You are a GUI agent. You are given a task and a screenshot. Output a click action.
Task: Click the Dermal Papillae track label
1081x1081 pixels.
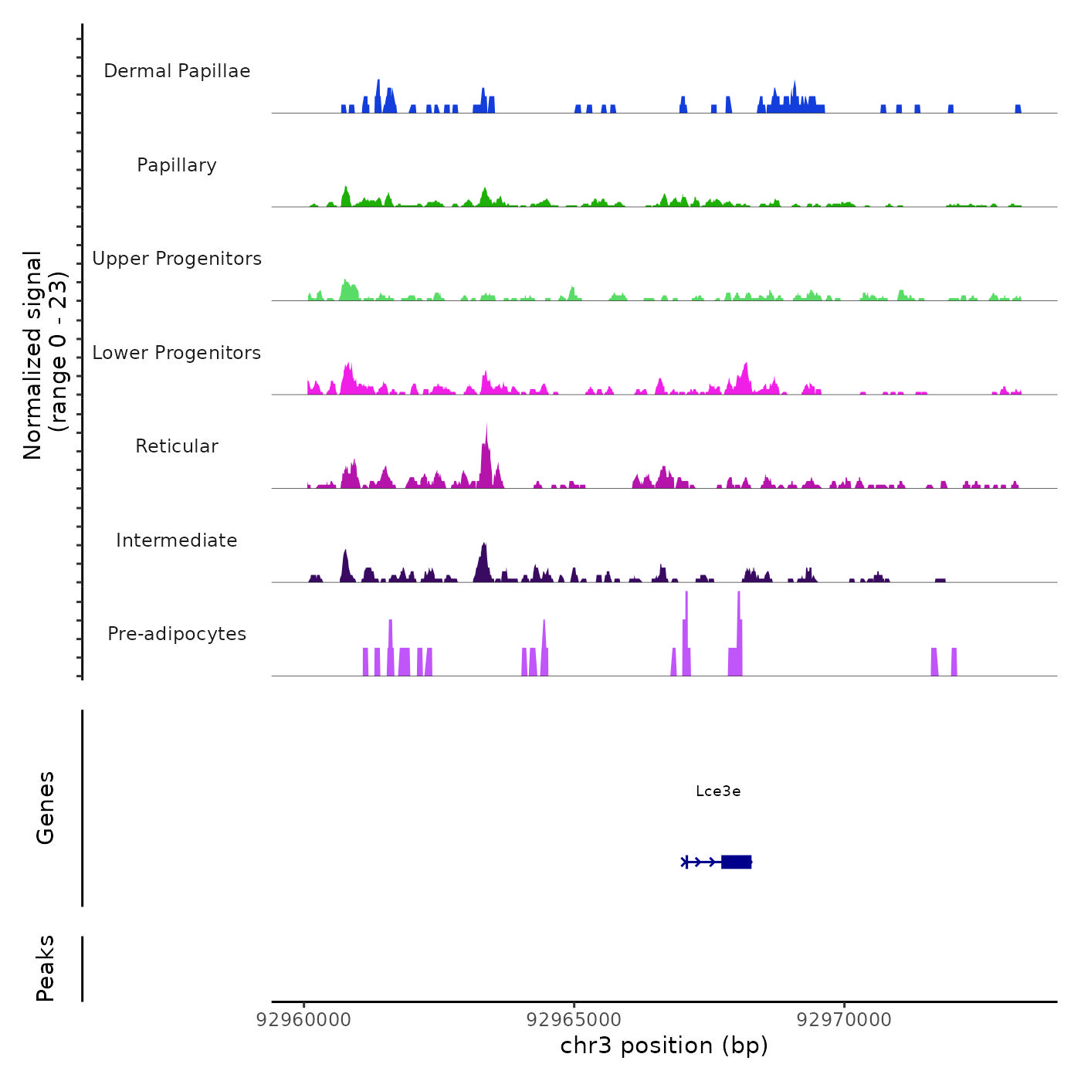click(x=177, y=71)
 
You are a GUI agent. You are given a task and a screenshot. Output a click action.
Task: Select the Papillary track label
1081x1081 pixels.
click(x=177, y=165)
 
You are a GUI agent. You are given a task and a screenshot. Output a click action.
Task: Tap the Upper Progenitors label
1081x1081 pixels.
click(x=177, y=259)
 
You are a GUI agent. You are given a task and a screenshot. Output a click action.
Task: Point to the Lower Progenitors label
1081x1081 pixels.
click(x=177, y=353)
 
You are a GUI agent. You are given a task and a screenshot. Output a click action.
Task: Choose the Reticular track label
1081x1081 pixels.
click(x=177, y=446)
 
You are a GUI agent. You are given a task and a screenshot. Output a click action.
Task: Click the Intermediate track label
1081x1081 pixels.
click(x=177, y=540)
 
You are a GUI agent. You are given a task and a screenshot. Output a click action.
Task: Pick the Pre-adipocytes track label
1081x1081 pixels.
click(x=177, y=634)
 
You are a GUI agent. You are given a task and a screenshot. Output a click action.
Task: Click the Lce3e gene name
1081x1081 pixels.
click(x=718, y=791)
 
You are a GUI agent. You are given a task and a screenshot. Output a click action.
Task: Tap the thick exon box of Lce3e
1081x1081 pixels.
click(x=736, y=862)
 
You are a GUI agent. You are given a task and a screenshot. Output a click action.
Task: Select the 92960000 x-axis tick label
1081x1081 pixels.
click(x=303, y=1020)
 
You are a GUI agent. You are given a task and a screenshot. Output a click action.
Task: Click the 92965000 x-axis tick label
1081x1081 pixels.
click(x=574, y=1020)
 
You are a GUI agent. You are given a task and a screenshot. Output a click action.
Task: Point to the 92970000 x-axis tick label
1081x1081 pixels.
click(x=844, y=1020)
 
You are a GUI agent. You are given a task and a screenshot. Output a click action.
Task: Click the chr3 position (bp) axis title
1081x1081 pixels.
click(x=664, y=1045)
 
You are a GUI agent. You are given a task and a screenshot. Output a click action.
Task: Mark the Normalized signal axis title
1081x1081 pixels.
click(x=45, y=355)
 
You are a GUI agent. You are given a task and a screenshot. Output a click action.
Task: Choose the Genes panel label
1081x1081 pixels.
click(x=46, y=808)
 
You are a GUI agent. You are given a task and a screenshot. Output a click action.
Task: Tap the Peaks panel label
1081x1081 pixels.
click(x=46, y=968)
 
